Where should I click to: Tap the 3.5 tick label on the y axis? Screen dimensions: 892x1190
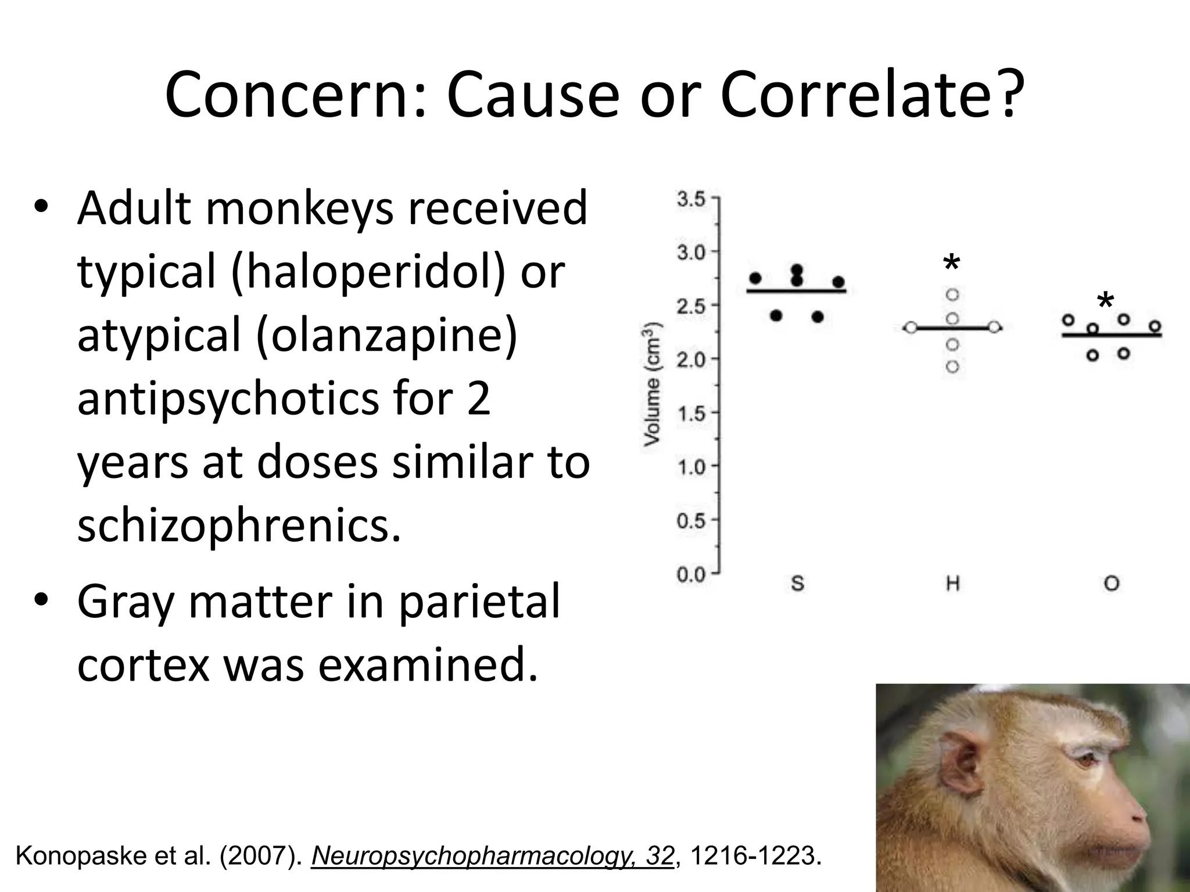pos(691,200)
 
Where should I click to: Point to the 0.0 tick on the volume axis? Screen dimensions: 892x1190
pos(691,575)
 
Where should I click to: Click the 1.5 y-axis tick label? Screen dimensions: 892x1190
pos(691,414)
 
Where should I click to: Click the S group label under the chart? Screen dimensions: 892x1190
pos(797,583)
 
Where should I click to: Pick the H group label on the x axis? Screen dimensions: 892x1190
pos(952,583)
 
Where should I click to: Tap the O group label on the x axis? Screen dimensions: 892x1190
pos(1111,583)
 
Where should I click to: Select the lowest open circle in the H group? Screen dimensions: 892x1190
pos(952,366)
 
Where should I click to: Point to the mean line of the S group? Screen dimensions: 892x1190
pos(797,291)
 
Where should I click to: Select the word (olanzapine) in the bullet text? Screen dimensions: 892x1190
pos(393,335)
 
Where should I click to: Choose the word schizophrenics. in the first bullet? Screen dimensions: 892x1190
pos(239,526)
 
